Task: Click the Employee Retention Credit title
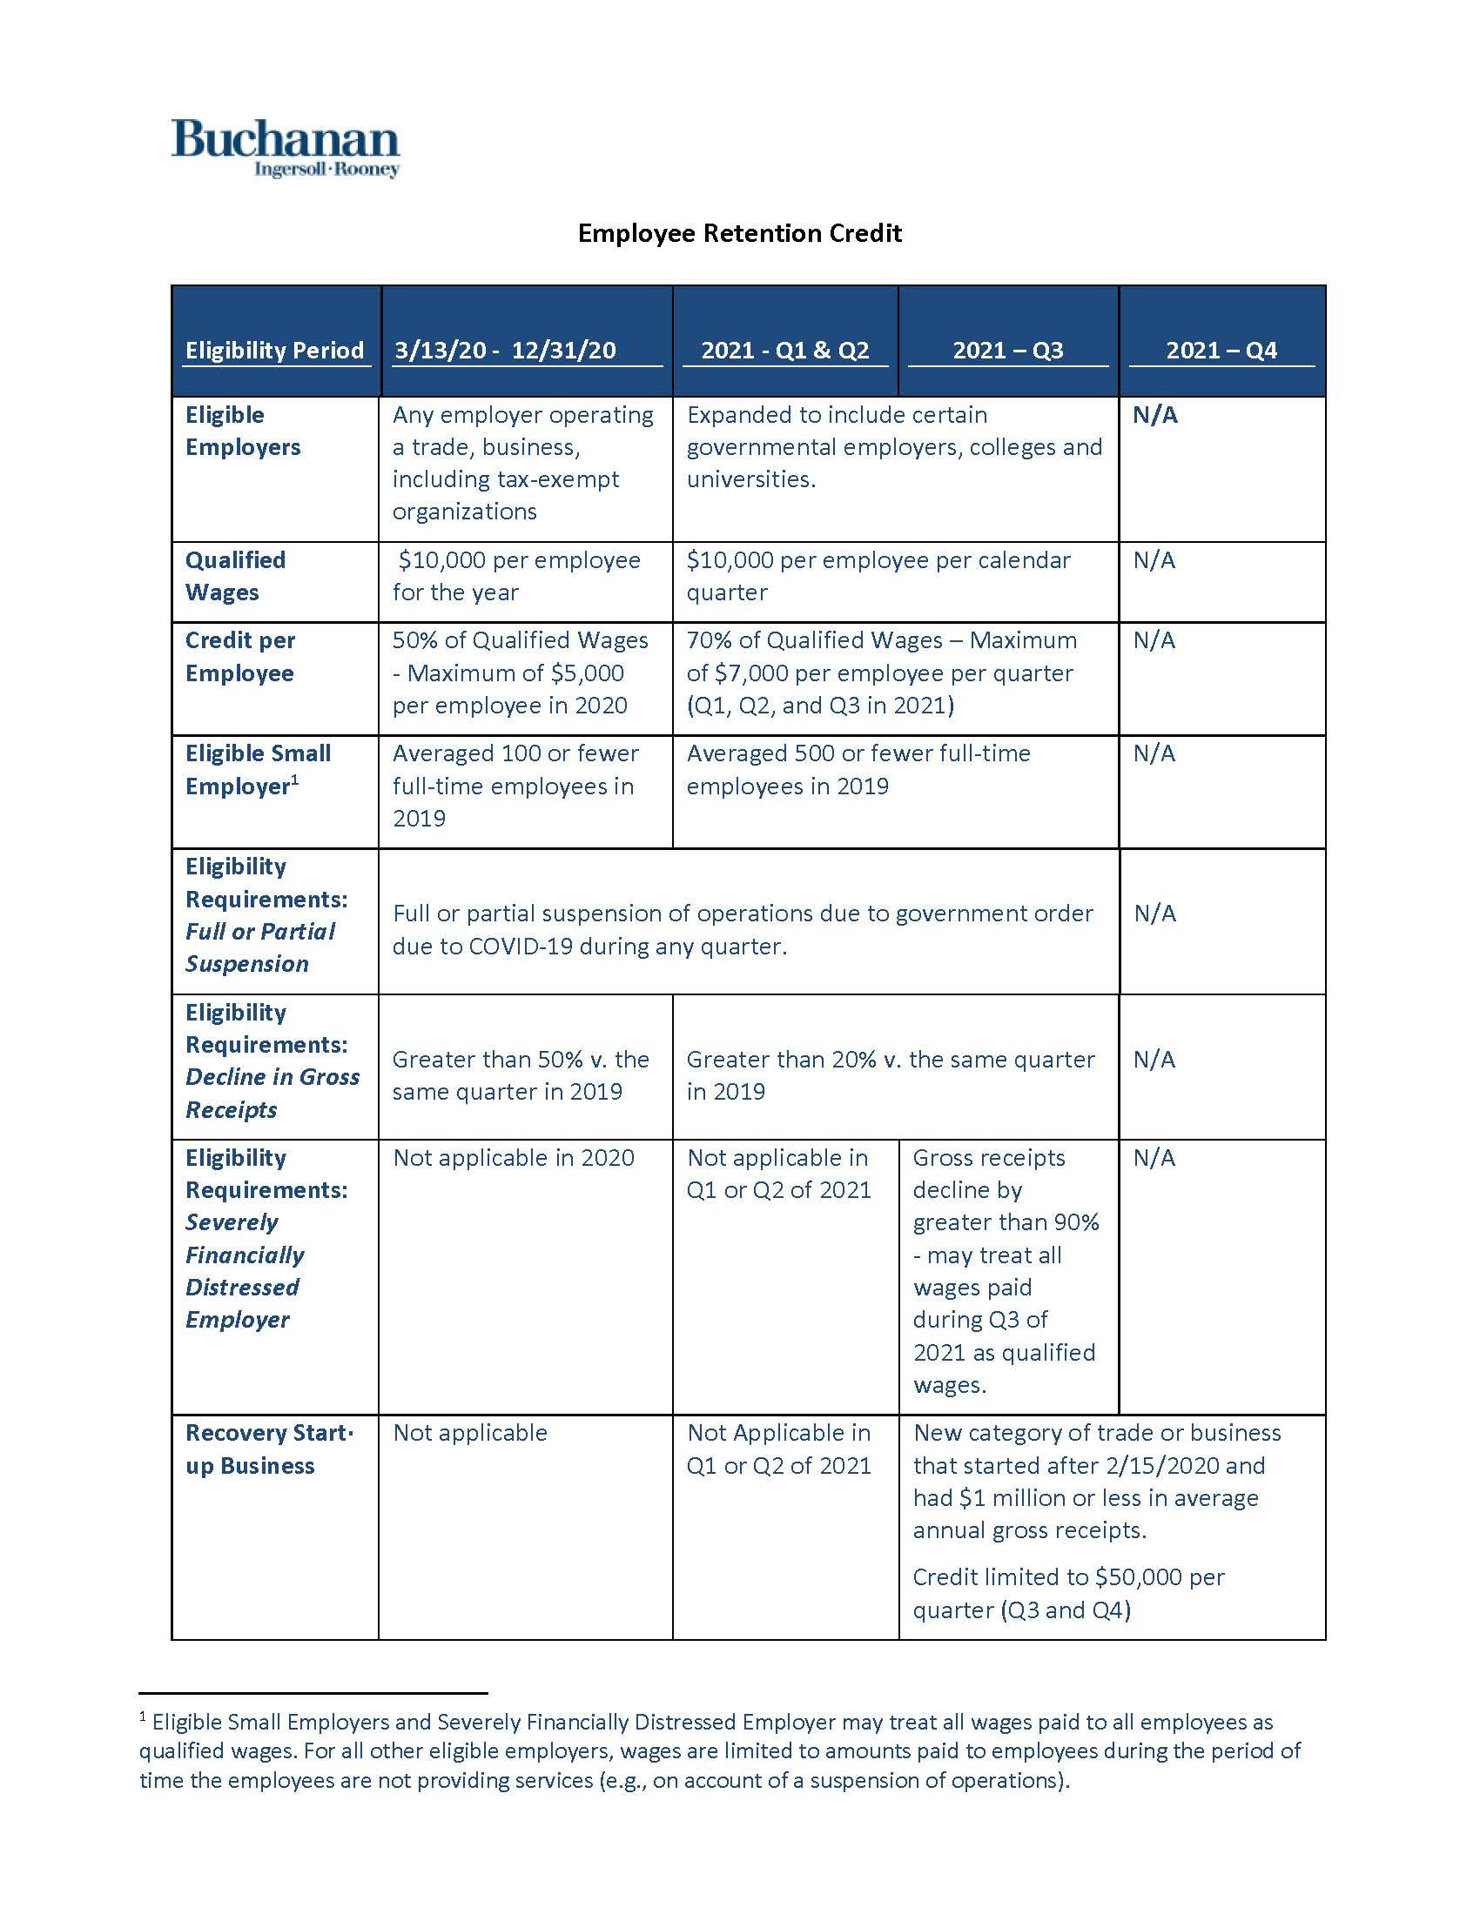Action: (x=739, y=233)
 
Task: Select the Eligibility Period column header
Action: (x=273, y=351)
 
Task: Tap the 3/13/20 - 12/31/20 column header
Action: (x=505, y=351)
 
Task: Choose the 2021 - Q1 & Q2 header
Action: (x=784, y=351)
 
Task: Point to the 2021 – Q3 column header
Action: (x=1007, y=351)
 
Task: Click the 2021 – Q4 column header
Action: (x=1221, y=351)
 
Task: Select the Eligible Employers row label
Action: (x=243, y=432)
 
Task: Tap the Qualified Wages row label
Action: (x=235, y=576)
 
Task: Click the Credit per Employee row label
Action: (x=240, y=656)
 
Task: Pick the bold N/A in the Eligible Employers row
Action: (x=1154, y=415)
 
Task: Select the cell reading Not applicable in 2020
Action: (x=513, y=1158)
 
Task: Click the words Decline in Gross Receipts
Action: (x=272, y=1093)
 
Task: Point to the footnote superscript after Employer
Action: (x=294, y=780)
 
